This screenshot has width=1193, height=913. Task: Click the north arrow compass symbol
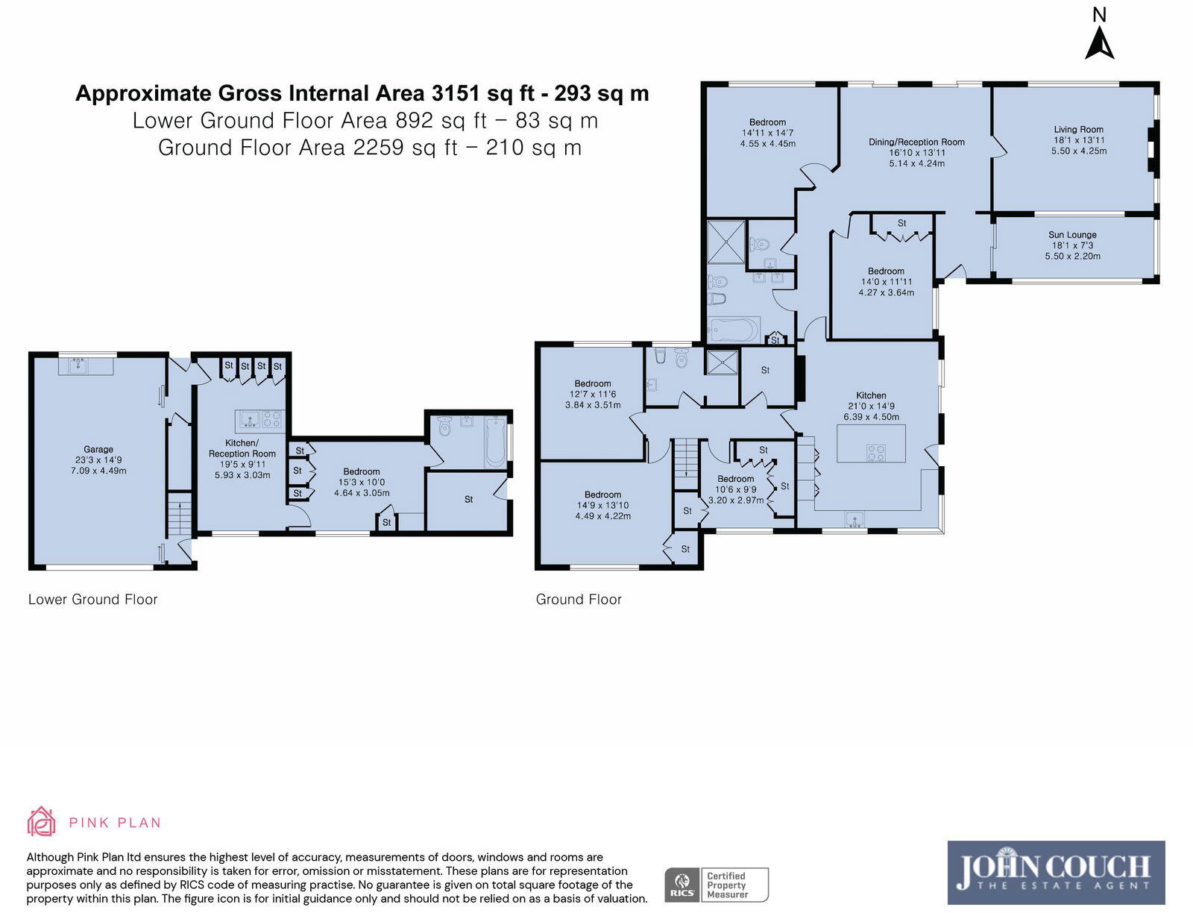pos(1099,43)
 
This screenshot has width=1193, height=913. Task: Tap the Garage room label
pos(98,449)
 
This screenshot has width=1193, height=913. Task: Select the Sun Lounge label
pos(1072,234)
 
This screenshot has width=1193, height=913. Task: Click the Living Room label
pos(1078,129)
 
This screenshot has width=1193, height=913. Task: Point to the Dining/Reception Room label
pos(916,142)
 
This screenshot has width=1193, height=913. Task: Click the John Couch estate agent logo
pos(1056,872)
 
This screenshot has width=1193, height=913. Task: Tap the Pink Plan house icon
pos(41,821)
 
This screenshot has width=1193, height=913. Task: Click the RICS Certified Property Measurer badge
pos(716,885)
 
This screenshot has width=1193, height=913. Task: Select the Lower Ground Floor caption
pos(92,599)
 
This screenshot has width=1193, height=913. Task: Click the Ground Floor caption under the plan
pos(579,599)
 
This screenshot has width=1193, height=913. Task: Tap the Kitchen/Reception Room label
pos(242,448)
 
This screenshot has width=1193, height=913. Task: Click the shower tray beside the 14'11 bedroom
pos(725,241)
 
